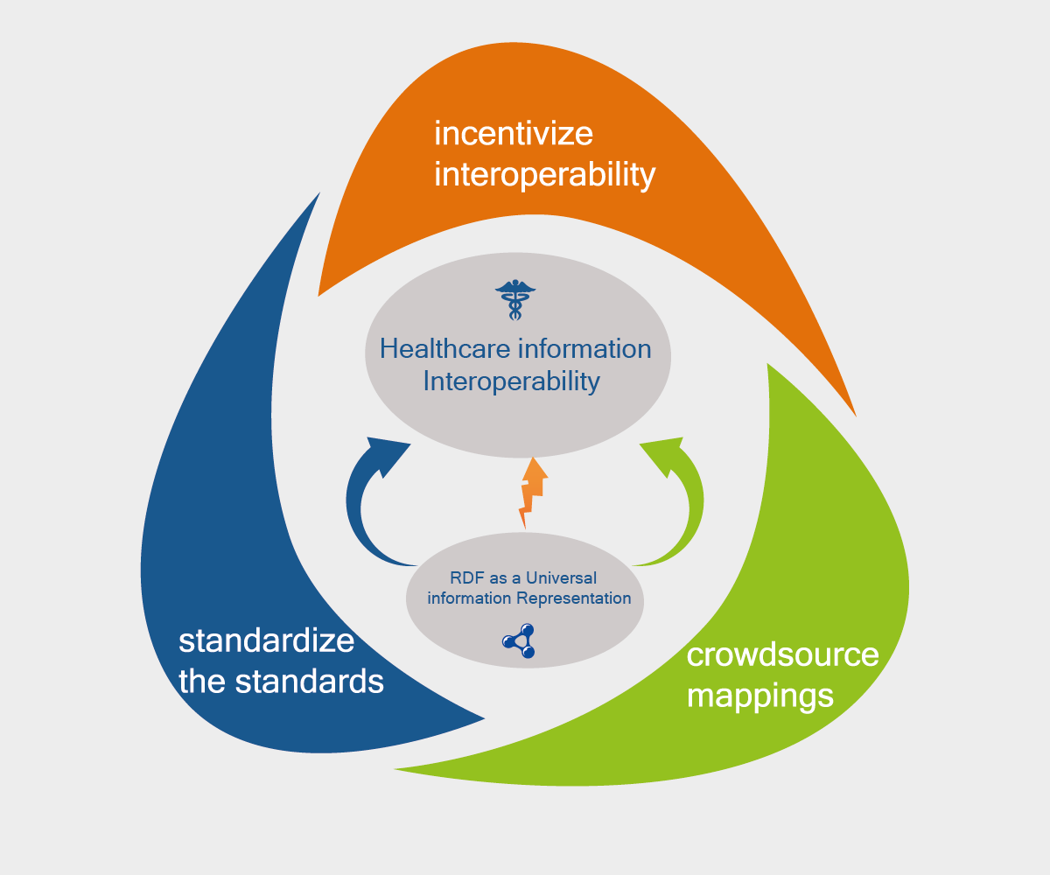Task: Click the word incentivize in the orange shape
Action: pos(514,134)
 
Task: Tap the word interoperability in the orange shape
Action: pos(544,175)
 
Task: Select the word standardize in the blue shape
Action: pos(266,640)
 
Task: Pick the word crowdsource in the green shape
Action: pos(782,654)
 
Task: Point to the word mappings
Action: pos(759,696)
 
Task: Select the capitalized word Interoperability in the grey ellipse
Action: pos(512,382)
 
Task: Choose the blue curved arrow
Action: pos(363,516)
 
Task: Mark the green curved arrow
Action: pos(687,516)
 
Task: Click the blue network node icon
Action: pos(522,641)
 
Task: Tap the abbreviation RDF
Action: pos(466,578)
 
